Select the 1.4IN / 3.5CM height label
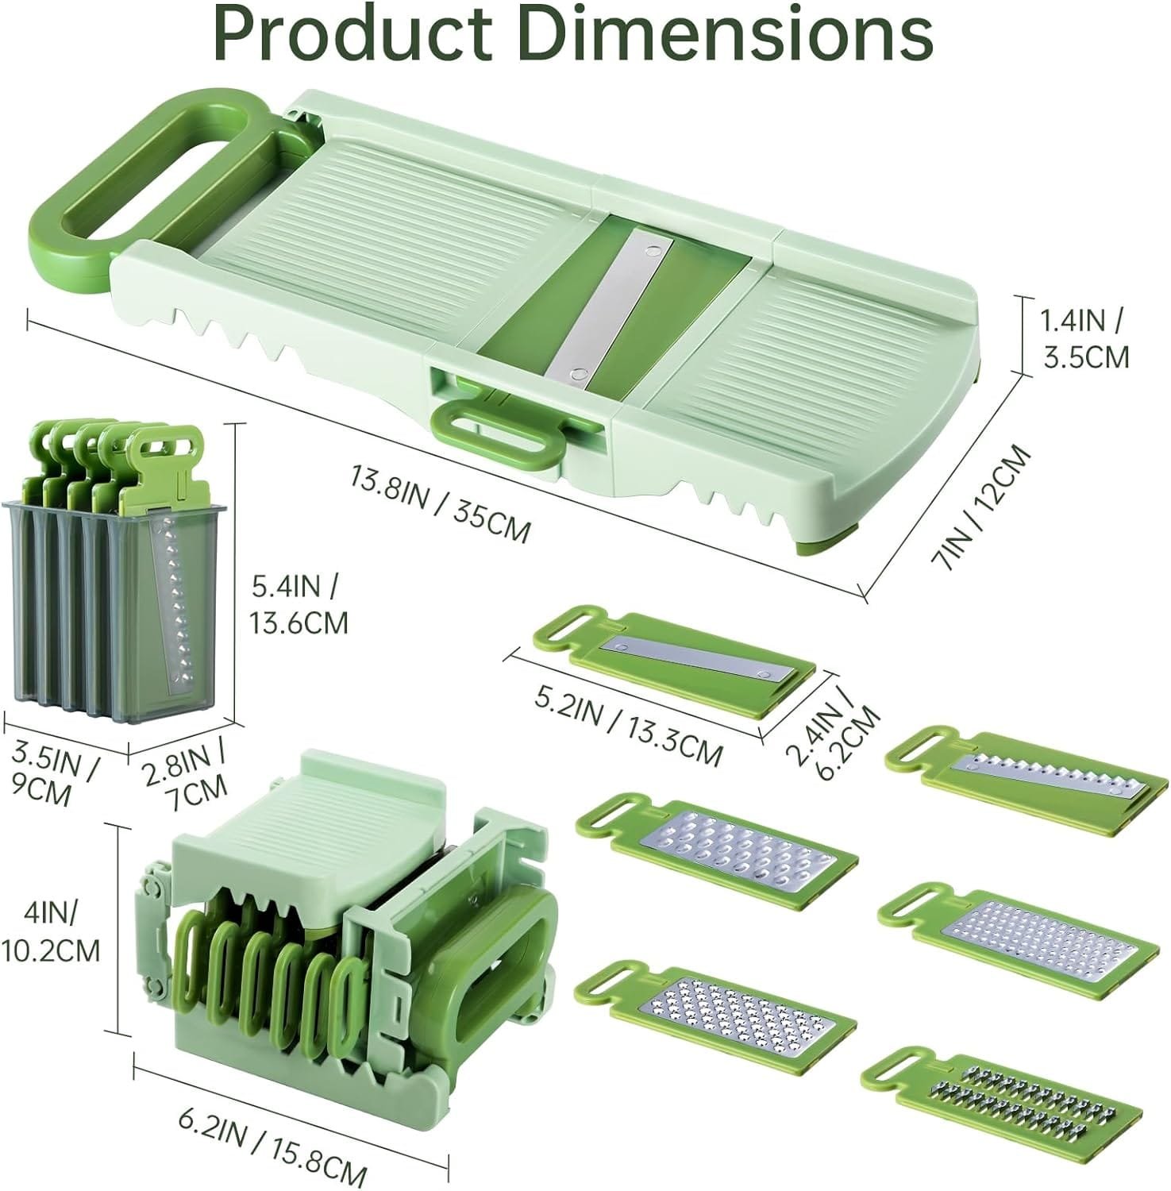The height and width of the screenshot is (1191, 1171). click(x=1085, y=339)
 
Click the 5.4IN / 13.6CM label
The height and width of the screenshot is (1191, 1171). click(x=299, y=605)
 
